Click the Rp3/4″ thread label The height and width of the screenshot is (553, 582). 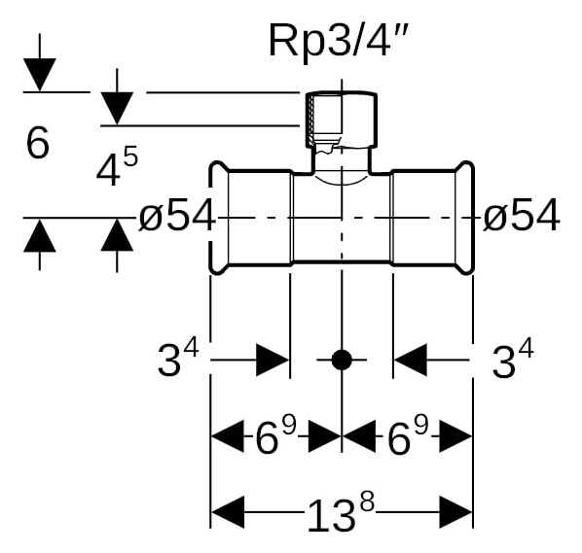tap(338, 40)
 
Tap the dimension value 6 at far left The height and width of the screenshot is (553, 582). tap(38, 143)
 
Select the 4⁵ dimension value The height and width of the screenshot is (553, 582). tap(117, 165)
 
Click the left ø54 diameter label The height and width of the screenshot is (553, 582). tap(177, 215)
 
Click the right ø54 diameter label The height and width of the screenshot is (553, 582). tap(521, 215)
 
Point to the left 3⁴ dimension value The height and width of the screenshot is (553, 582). tap(178, 358)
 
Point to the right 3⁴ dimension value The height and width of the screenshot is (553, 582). tap(513, 359)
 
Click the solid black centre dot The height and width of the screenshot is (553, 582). tap(342, 360)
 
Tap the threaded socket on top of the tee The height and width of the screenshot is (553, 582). tap(342, 120)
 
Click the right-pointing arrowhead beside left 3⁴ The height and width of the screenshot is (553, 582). tap(273, 360)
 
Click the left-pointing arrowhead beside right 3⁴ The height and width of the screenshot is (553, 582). tap(411, 360)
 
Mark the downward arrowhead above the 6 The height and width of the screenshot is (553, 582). tap(40, 75)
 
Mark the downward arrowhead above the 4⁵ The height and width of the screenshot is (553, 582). tap(117, 109)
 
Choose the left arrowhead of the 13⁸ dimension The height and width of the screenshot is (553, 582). tap(228, 512)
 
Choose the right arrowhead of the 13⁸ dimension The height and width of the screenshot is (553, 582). tap(455, 512)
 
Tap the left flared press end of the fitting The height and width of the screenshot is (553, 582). tap(218, 218)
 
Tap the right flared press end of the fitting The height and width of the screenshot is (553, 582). tap(464, 218)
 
